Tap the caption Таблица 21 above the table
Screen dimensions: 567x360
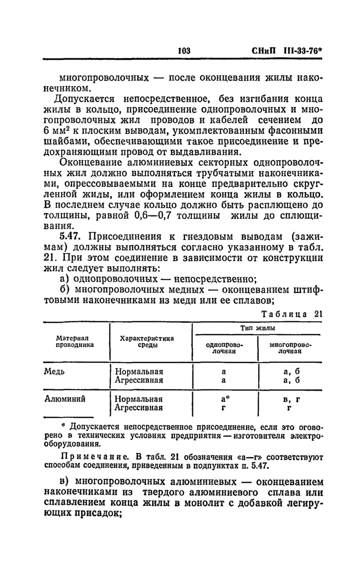pyautogui.click(x=292, y=315)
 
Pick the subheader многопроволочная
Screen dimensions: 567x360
pyautogui.click(x=291, y=347)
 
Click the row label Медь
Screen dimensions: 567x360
pyautogui.click(x=55, y=371)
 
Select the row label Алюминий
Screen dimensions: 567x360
pyautogui.click(x=65, y=398)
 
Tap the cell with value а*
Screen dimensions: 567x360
pyautogui.click(x=224, y=398)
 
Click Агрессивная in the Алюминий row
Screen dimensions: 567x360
pyautogui.click(x=138, y=408)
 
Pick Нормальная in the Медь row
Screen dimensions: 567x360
pyautogui.click(x=139, y=371)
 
